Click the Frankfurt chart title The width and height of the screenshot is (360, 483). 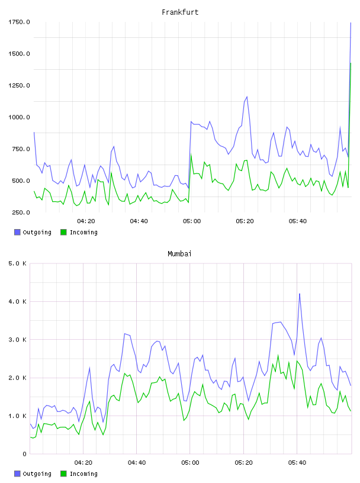coord(180,12)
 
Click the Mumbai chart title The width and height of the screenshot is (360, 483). coord(179,253)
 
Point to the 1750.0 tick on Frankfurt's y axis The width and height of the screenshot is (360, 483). coord(19,22)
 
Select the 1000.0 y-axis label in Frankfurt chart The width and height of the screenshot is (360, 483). coord(19,117)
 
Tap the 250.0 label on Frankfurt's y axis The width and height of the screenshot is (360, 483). coord(21,212)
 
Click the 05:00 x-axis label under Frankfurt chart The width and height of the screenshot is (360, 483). coord(192,221)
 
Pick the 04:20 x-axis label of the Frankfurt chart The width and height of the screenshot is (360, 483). coord(86,221)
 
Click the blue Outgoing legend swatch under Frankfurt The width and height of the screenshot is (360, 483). coord(17,232)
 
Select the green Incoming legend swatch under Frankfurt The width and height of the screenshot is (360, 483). coord(63,232)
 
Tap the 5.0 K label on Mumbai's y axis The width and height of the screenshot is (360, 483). coord(18,263)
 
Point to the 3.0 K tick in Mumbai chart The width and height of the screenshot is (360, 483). coord(18,339)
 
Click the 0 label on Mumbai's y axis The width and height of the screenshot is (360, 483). coord(25,454)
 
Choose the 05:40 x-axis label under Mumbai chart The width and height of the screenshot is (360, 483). coord(297,462)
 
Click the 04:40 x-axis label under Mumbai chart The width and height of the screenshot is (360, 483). coord(137,462)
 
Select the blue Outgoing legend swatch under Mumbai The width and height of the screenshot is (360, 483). coord(17,474)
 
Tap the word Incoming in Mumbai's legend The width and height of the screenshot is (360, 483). coord(83,474)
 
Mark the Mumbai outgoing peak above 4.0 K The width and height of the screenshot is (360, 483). coord(299,294)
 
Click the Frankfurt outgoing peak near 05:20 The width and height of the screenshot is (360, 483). coord(247,96)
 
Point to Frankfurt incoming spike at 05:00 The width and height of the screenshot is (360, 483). coord(191,154)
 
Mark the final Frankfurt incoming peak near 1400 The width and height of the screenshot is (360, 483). coord(351,63)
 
